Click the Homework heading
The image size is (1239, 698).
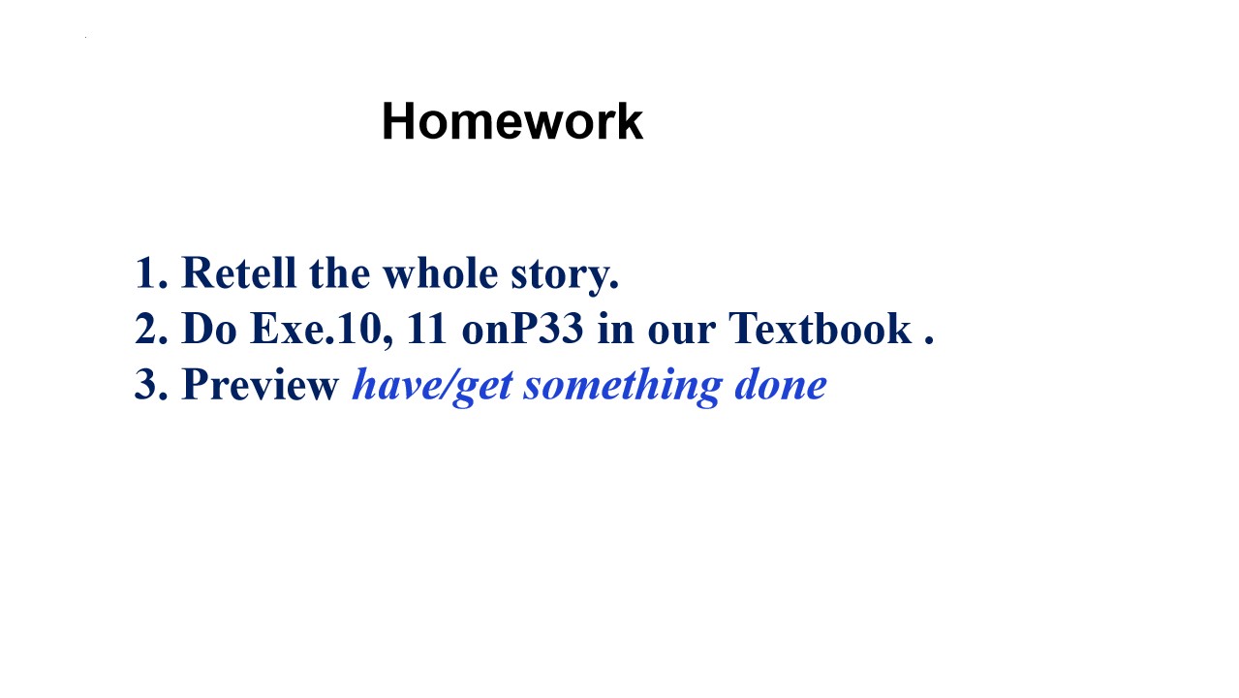pyautogui.click(x=512, y=121)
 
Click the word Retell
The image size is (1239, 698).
pyautogui.click(x=239, y=272)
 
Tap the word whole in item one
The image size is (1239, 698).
pyautogui.click(x=441, y=272)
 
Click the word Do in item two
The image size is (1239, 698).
pyautogui.click(x=209, y=329)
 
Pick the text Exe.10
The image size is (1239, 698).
pyautogui.click(x=316, y=329)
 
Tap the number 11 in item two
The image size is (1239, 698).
pyautogui.click(x=426, y=329)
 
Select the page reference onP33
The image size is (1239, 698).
pyautogui.click(x=522, y=329)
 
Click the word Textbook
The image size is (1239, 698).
pyautogui.click(x=821, y=329)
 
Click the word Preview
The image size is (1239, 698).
pyautogui.click(x=260, y=384)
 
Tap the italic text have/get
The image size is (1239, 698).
pyautogui.click(x=433, y=387)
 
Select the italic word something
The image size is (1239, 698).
pyautogui.click(x=623, y=387)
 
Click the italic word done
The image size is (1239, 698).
pyautogui.click(x=781, y=384)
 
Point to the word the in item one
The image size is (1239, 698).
pyautogui.click(x=340, y=272)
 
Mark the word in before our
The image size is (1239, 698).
pyautogui.click(x=616, y=329)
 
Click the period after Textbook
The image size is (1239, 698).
pyautogui.click(x=929, y=340)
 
